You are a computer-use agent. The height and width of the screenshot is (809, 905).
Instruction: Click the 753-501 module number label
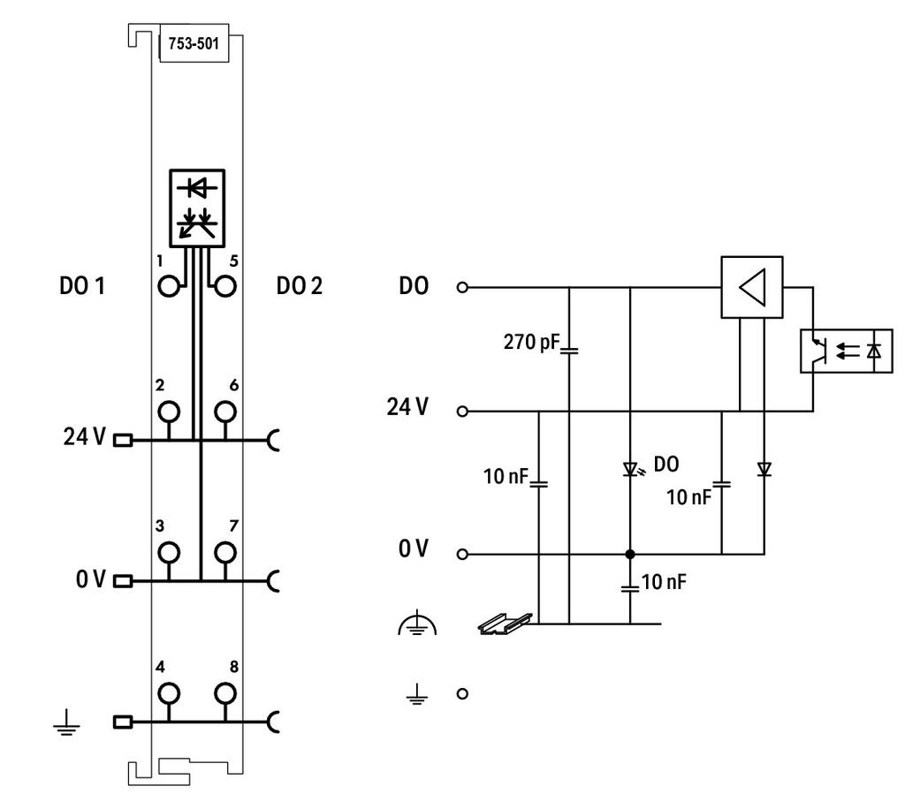pyautogui.click(x=194, y=43)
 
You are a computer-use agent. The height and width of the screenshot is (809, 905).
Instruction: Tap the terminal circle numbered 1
pyautogui.click(x=169, y=286)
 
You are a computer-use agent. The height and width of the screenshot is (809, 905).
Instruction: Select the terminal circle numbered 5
pyautogui.click(x=225, y=286)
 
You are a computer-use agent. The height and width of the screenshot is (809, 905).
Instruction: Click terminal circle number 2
pyautogui.click(x=169, y=412)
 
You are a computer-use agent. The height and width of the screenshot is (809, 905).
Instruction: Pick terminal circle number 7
pyautogui.click(x=225, y=552)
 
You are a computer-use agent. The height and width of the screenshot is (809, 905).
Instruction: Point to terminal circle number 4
pyautogui.click(x=169, y=693)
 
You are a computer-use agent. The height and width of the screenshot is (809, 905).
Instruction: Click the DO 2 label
pyautogui.click(x=299, y=286)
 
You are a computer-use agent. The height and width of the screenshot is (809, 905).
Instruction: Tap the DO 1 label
pyautogui.click(x=82, y=286)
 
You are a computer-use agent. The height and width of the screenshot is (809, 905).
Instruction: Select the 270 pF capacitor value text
pyautogui.click(x=531, y=342)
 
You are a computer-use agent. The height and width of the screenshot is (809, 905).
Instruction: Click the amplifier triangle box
pyautogui.click(x=752, y=287)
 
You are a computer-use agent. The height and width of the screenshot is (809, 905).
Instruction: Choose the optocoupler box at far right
pyautogui.click(x=846, y=351)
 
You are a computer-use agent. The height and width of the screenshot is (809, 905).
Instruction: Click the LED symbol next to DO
pyautogui.click(x=631, y=469)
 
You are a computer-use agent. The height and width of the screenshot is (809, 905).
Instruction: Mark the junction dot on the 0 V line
pyautogui.click(x=630, y=554)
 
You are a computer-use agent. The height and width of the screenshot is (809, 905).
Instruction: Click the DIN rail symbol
pyautogui.click(x=506, y=624)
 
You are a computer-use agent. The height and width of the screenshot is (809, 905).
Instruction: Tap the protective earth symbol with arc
pyautogui.click(x=417, y=624)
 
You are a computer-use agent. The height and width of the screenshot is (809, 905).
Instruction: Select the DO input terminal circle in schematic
pyautogui.click(x=461, y=287)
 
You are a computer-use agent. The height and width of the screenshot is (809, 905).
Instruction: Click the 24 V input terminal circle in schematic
pyautogui.click(x=461, y=412)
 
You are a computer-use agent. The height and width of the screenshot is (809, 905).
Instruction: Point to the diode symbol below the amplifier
pyautogui.click(x=764, y=469)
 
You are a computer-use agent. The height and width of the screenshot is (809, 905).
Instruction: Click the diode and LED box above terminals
pyautogui.click(x=197, y=208)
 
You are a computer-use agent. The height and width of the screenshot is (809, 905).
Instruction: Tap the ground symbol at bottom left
pyautogui.click(x=66, y=723)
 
